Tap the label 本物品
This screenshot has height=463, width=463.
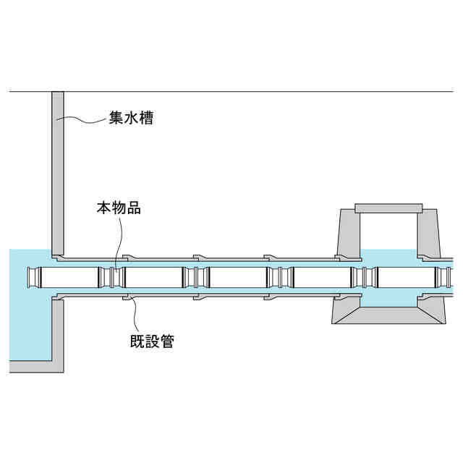coord(119,208)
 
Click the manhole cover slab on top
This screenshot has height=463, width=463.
coord(388,208)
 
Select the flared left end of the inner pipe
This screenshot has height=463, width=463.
coord(32,276)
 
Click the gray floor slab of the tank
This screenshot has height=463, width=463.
coord(29,366)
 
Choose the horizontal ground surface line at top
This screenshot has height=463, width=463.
coord(253,92)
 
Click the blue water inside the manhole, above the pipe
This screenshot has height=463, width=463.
coord(388,258)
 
